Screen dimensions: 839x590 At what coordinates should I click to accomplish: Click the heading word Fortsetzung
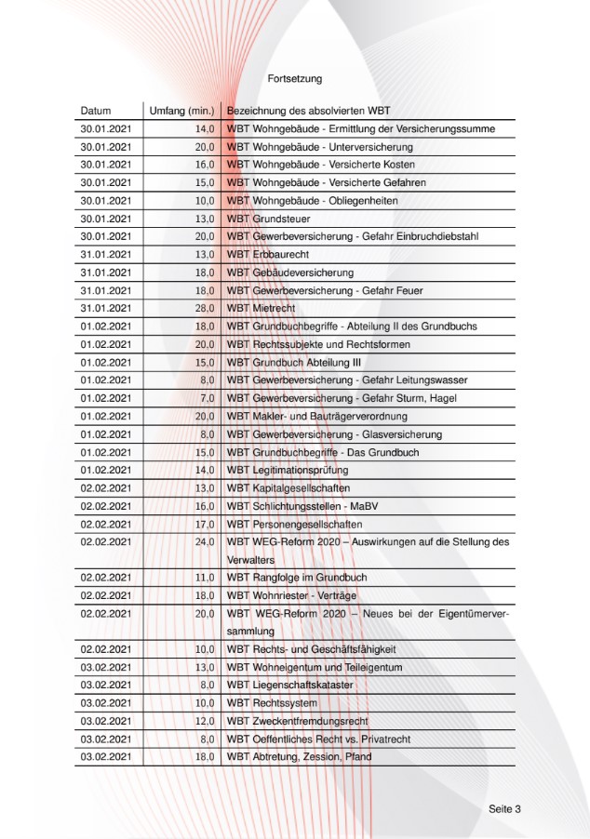[x=295, y=79]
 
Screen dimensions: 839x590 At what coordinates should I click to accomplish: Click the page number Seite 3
[x=504, y=808]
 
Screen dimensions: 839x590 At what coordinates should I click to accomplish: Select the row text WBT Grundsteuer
[x=269, y=219]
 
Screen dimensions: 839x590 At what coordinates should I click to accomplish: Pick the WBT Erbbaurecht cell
[x=266, y=255]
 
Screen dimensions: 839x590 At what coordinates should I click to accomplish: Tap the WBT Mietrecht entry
[x=261, y=309]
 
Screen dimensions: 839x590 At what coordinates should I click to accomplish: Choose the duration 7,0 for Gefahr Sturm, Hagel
[x=207, y=398]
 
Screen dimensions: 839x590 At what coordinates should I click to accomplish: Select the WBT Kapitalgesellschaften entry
[x=288, y=488]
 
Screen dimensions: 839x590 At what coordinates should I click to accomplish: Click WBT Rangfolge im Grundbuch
[x=297, y=578]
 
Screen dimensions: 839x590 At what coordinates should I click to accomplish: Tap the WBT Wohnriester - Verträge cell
[x=291, y=595]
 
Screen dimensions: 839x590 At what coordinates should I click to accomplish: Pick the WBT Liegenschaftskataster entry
[x=290, y=686]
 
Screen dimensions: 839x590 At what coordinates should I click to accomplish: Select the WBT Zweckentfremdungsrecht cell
[x=298, y=721]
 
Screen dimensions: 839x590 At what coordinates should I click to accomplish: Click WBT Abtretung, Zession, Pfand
[x=300, y=757]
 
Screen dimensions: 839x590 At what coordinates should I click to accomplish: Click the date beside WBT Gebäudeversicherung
[x=106, y=273]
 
